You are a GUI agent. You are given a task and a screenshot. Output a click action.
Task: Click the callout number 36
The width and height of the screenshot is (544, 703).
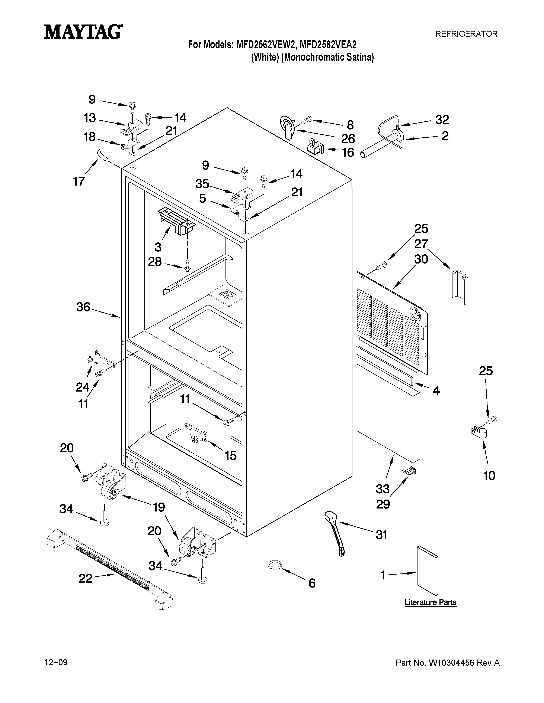click(83, 307)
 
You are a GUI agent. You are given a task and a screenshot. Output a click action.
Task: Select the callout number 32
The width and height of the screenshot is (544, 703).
click(442, 120)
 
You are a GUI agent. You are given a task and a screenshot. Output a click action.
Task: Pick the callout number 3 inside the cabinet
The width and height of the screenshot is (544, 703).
click(158, 247)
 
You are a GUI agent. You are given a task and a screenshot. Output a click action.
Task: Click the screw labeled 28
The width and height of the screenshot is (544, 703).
click(187, 266)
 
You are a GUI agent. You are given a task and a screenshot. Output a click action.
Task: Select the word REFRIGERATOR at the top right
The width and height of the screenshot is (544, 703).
click(466, 34)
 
